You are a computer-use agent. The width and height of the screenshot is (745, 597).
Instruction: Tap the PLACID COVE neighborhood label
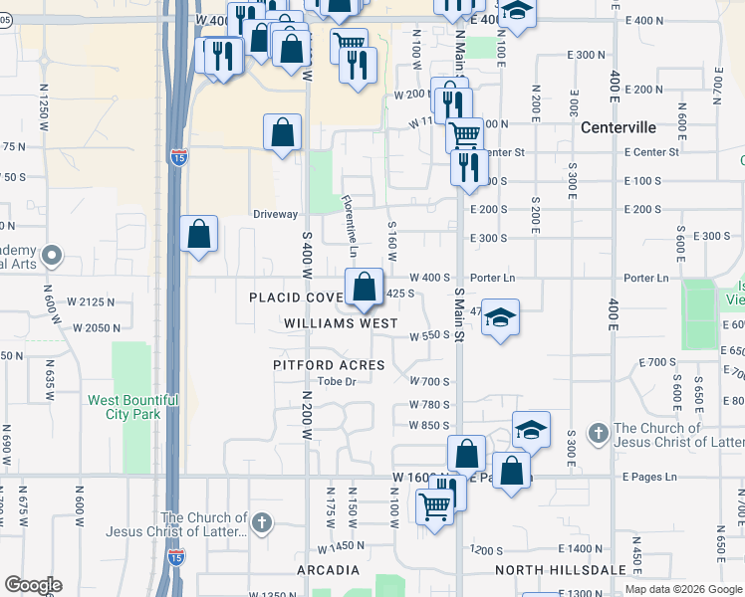(296, 298)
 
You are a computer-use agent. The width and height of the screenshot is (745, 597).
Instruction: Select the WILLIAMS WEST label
(341, 323)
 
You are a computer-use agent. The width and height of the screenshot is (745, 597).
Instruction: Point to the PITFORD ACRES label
(329, 365)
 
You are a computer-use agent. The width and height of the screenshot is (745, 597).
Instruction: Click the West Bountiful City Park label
(132, 407)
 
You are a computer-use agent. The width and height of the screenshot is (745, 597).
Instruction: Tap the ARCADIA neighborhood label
(328, 570)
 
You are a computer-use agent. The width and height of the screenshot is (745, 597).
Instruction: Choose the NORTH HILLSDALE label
(562, 570)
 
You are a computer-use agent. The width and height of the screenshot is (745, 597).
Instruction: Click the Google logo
(33, 585)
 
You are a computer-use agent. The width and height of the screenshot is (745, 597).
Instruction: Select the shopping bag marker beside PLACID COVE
(365, 287)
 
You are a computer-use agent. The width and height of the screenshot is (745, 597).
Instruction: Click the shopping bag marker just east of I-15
(199, 235)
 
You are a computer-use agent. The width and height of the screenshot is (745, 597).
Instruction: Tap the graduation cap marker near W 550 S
(500, 317)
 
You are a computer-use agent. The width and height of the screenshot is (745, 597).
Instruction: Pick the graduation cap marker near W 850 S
(531, 430)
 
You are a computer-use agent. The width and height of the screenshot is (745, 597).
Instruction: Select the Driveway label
(275, 214)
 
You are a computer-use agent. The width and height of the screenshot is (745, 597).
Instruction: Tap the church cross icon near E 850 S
(597, 433)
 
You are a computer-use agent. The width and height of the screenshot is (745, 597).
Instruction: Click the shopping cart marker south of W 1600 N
(434, 506)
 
